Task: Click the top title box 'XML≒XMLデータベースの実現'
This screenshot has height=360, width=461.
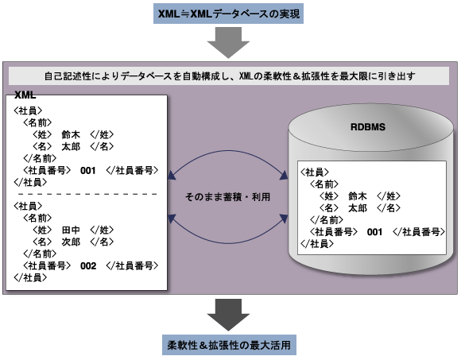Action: tap(228, 14)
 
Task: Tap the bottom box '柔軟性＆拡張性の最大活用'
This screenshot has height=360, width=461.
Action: tap(229, 345)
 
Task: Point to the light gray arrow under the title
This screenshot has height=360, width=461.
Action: tap(228, 43)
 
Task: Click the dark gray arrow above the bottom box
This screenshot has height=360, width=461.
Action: tap(228, 315)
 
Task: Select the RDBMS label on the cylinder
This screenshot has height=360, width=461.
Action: tap(368, 127)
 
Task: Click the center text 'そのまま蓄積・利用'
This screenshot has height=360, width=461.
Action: tap(227, 196)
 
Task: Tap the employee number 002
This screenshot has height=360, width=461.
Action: tap(88, 266)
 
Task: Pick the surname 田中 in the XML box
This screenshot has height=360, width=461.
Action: tap(71, 230)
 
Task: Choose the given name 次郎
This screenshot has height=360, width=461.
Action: tap(71, 242)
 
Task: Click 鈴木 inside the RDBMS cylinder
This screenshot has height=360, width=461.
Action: tap(358, 196)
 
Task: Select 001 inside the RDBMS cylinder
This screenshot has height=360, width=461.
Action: tap(374, 232)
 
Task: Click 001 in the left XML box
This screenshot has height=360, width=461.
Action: tap(88, 171)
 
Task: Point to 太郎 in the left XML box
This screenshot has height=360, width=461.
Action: tap(71, 146)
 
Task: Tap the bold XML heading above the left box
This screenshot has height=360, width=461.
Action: tap(25, 95)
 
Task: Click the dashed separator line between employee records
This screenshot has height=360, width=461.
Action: tap(87, 194)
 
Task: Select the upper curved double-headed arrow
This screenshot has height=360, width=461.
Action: tap(228, 151)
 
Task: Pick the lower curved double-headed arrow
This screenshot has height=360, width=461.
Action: tap(228, 243)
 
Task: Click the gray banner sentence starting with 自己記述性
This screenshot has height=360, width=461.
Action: tap(230, 76)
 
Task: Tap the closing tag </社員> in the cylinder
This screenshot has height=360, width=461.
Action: tap(317, 244)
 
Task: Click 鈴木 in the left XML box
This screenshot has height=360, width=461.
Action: tap(71, 134)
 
